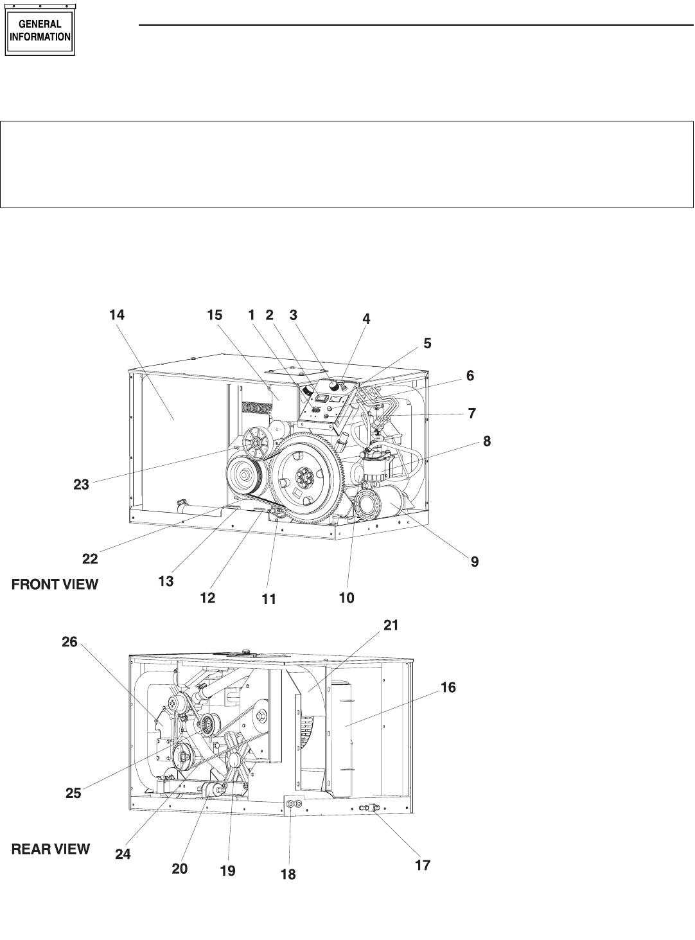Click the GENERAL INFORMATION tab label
click(x=40, y=30)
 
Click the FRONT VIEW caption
click(x=55, y=585)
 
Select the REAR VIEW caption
click(x=51, y=849)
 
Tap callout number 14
click(x=117, y=315)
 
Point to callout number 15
click(x=215, y=315)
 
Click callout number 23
click(x=82, y=484)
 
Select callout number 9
click(x=475, y=562)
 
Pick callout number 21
click(x=391, y=625)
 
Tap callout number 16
click(x=448, y=687)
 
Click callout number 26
click(x=69, y=642)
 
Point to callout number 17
click(x=423, y=865)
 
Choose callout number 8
click(x=487, y=441)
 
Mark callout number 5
click(x=427, y=343)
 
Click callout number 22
click(x=90, y=559)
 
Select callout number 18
click(x=288, y=874)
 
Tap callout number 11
click(x=268, y=599)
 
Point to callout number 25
click(x=73, y=792)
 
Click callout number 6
click(x=470, y=375)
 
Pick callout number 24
click(x=123, y=854)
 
